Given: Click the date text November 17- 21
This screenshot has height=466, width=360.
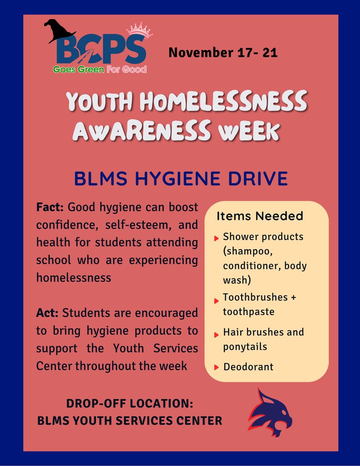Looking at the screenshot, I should point(223,52).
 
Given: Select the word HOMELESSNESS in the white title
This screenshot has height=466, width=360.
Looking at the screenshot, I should point(223,102).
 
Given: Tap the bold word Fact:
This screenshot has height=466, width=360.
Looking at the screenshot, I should point(51,208).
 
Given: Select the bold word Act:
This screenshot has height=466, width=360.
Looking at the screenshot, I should point(47,313).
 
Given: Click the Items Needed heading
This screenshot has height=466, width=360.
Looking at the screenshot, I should point(259,216).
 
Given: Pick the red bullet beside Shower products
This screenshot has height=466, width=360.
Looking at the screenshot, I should point(217,238).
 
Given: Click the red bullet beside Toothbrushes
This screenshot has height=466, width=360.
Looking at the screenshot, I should point(217,300).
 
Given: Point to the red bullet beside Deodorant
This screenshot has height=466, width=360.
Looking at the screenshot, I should point(217,367).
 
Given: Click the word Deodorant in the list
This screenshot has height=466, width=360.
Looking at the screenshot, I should point(248,367).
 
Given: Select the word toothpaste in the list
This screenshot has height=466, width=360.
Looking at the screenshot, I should point(248,312).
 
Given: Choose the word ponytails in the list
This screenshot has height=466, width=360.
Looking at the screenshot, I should point(245,347).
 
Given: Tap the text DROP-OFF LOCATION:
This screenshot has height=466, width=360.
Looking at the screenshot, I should point(130,403).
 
